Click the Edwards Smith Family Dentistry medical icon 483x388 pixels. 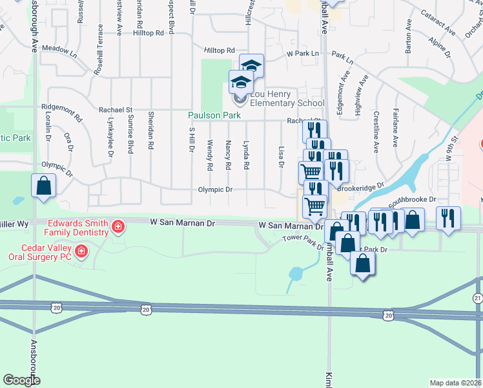pyautogui.click(x=118, y=226)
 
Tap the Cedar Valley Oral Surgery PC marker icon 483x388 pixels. pyautogui.click(x=81, y=250)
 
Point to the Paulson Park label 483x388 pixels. pyautogui.click(x=214, y=116)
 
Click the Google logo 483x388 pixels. pyautogui.click(x=21, y=380)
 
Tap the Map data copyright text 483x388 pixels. pyautogui.click(x=456, y=383)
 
